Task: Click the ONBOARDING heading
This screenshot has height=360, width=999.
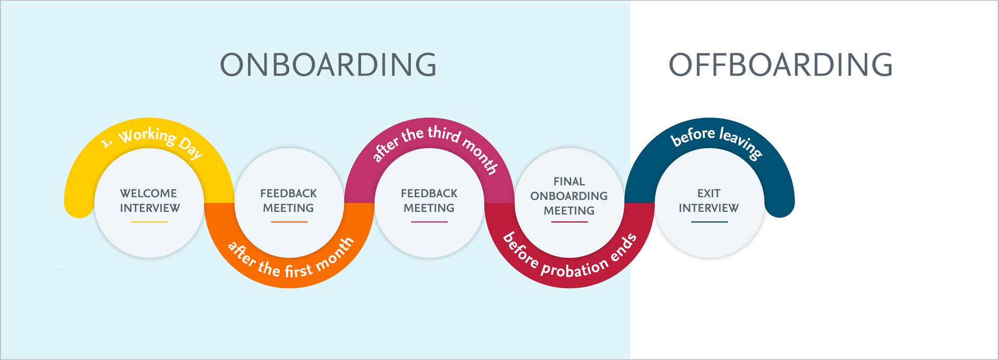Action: pos(328,65)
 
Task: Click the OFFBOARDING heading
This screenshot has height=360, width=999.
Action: pos(780,65)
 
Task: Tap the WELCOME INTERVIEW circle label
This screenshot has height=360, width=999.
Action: pos(150,201)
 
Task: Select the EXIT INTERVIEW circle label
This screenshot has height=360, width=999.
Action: pos(709,201)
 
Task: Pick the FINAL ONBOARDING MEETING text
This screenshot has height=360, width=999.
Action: pos(569,196)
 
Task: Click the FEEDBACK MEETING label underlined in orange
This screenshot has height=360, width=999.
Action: pos(289,201)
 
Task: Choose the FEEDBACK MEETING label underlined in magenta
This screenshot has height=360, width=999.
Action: pos(429,201)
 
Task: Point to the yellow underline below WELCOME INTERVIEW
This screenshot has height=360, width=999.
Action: pos(149,222)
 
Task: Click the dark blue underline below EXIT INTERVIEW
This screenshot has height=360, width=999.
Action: pos(709,222)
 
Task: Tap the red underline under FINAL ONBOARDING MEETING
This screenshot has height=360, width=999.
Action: pos(569,222)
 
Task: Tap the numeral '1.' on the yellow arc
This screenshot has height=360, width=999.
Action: pos(107,143)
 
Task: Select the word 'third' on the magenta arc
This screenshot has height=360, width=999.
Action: pos(444,134)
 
